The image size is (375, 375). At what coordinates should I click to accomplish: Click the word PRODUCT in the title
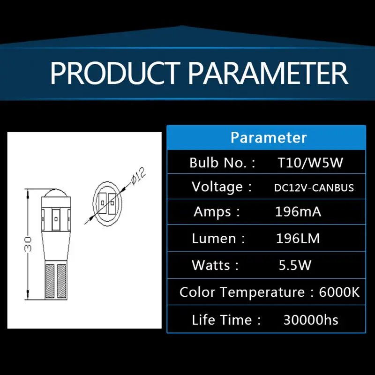[x=115, y=73]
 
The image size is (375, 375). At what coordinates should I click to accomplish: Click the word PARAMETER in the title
[x=268, y=73]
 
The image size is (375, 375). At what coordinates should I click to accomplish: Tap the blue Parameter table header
[x=266, y=137]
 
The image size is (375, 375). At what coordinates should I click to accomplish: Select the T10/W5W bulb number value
[x=310, y=163]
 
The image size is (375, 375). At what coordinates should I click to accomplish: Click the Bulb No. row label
[x=222, y=163]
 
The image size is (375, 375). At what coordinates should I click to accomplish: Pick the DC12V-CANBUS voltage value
[x=314, y=188]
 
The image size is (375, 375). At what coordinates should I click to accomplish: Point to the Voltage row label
[x=221, y=187]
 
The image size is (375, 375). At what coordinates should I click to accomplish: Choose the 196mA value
[x=298, y=212]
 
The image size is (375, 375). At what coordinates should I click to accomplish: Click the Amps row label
[x=217, y=212]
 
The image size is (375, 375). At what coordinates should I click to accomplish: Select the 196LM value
[x=298, y=239]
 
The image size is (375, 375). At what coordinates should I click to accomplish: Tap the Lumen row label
[x=218, y=239]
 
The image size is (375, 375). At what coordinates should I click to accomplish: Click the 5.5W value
[x=295, y=265]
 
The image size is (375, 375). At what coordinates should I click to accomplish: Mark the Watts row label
[x=215, y=265]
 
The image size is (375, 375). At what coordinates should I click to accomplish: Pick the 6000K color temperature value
[x=339, y=292]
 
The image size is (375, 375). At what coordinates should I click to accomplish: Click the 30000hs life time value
[x=311, y=320]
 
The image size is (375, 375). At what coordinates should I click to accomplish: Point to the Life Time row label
[x=226, y=320]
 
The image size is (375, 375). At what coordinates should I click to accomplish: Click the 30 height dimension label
[x=28, y=244]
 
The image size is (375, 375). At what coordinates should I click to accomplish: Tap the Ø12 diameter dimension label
[x=138, y=177]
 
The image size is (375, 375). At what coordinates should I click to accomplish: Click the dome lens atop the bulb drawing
[x=56, y=193]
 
